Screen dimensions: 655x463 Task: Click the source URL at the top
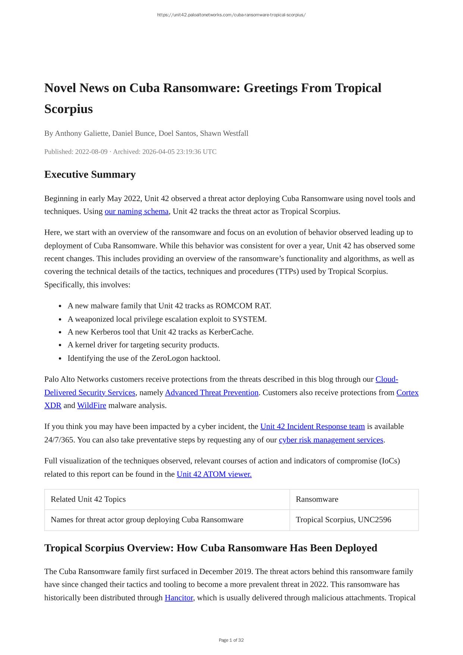click(231, 15)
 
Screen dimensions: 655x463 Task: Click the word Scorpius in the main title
click(69, 109)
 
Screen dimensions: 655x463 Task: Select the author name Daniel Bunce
click(133, 133)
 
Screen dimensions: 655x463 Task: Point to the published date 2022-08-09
click(91, 151)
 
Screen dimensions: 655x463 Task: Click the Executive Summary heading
click(90, 174)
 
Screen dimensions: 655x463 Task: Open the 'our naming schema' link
click(136, 211)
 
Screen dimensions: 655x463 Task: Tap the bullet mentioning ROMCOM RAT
click(169, 306)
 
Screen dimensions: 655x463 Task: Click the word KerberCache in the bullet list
click(230, 332)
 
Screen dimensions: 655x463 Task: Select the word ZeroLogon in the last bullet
click(170, 358)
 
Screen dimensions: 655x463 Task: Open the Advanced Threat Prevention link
click(212, 392)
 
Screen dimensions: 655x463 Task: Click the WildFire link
click(92, 405)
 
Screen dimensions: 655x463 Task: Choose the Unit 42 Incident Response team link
click(312, 426)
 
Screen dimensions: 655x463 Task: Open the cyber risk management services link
click(331, 440)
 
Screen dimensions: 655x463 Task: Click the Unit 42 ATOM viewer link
click(214, 474)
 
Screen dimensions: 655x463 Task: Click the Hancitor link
click(179, 598)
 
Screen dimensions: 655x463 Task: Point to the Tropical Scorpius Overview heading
click(211, 548)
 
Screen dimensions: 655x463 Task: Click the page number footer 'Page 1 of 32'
click(231, 640)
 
